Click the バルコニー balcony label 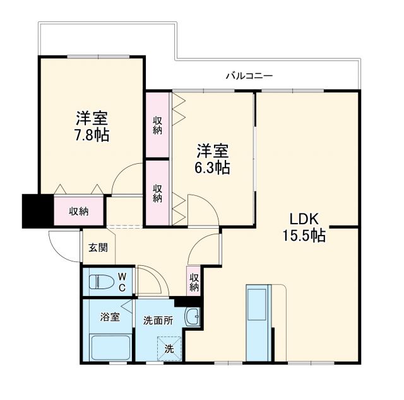coord(249,76)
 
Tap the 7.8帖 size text coord(92,135)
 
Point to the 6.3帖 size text coord(213,168)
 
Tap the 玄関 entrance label coord(98,247)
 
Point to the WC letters coord(123,282)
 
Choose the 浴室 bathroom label coord(110,317)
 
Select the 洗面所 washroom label coord(157,320)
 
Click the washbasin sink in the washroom coord(193,317)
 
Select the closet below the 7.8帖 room coord(79,212)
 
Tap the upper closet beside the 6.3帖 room coord(157,125)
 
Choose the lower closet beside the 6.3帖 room coord(157,191)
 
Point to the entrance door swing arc coord(60,243)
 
